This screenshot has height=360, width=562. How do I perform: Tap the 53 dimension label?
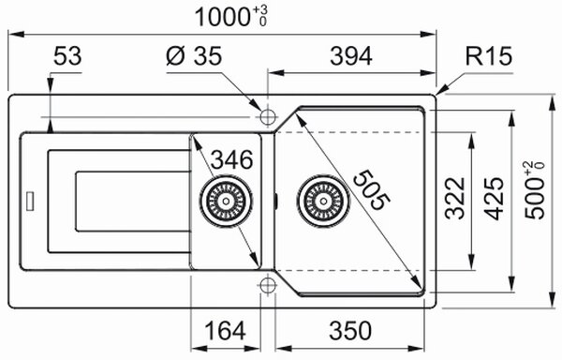coord(67,56)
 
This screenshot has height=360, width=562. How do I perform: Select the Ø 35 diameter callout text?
coord(194,56)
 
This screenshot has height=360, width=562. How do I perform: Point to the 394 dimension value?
coord(351,56)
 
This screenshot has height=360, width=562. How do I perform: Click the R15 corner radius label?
coord(489,56)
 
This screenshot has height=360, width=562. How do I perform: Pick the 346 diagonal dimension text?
coord(232,159)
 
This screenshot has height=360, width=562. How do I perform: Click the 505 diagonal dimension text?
coord(371,190)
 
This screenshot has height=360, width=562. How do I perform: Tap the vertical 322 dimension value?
coord(455,198)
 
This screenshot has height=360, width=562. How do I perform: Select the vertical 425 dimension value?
coord(494,198)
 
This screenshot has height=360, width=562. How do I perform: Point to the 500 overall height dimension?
coord(535,190)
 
